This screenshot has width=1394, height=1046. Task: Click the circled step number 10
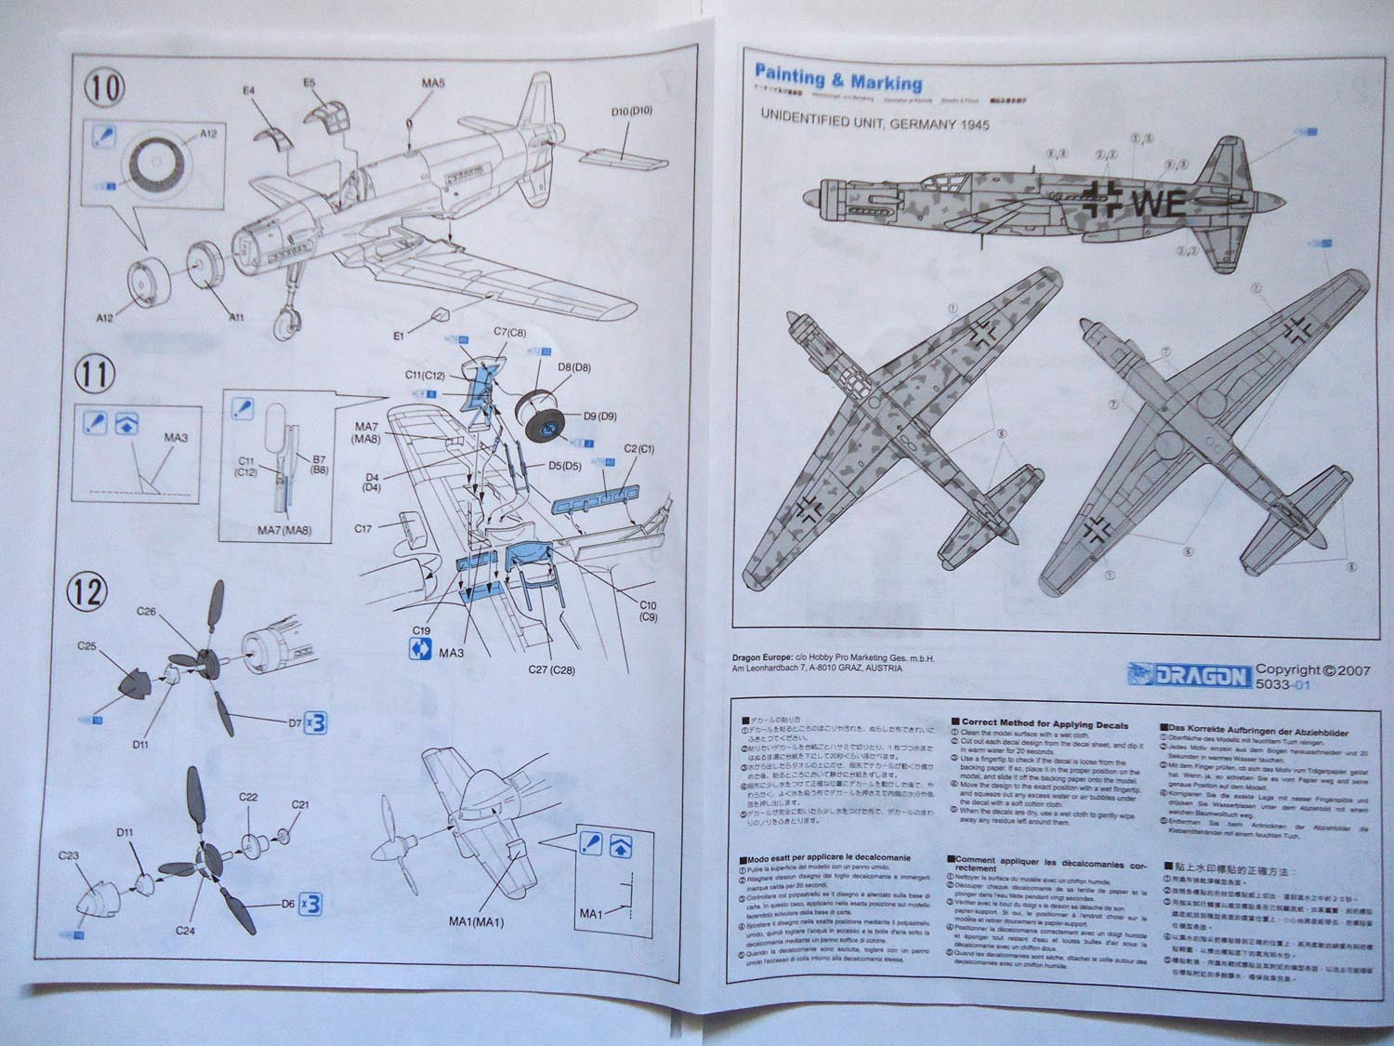[x=104, y=89]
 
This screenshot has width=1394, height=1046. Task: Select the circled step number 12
[x=91, y=591]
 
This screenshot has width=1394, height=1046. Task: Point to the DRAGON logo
[x=1189, y=675]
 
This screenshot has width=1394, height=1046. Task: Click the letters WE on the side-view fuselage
[x=1157, y=202]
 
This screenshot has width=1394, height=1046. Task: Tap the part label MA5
[x=433, y=84]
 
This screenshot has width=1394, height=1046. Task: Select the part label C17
[x=363, y=529]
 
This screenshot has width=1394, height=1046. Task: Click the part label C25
[x=87, y=646]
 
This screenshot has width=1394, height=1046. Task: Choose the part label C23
[x=69, y=855]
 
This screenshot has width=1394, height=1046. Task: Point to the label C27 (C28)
[x=551, y=669]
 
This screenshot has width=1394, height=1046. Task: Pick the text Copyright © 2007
[x=1312, y=669]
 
